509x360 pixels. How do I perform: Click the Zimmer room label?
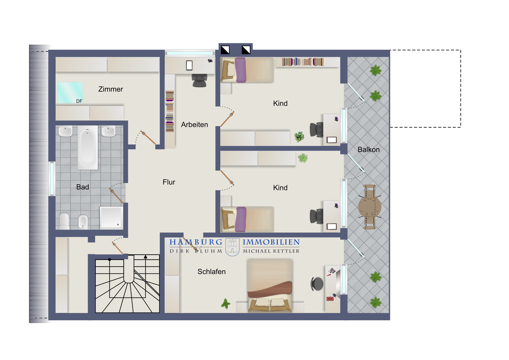click(110, 89)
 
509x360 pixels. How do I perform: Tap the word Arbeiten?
click(194, 124)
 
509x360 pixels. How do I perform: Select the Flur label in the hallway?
click(169, 182)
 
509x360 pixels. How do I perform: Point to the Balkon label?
click(369, 149)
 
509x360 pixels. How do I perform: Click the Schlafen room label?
click(211, 272)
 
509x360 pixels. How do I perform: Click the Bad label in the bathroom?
click(82, 187)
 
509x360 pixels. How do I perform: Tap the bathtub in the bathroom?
click(88, 147)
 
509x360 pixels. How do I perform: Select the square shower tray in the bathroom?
click(111, 218)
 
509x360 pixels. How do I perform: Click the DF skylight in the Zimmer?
click(70, 93)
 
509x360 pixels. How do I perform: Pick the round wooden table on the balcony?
click(370, 207)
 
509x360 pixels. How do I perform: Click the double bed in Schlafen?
click(270, 286)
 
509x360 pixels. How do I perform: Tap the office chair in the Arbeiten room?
click(200, 80)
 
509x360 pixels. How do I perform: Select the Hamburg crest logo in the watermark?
click(232, 247)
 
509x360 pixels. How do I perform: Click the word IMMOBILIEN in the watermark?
click(271, 242)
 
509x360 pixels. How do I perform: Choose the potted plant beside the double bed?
click(225, 303)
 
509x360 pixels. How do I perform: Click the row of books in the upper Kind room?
click(303, 62)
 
